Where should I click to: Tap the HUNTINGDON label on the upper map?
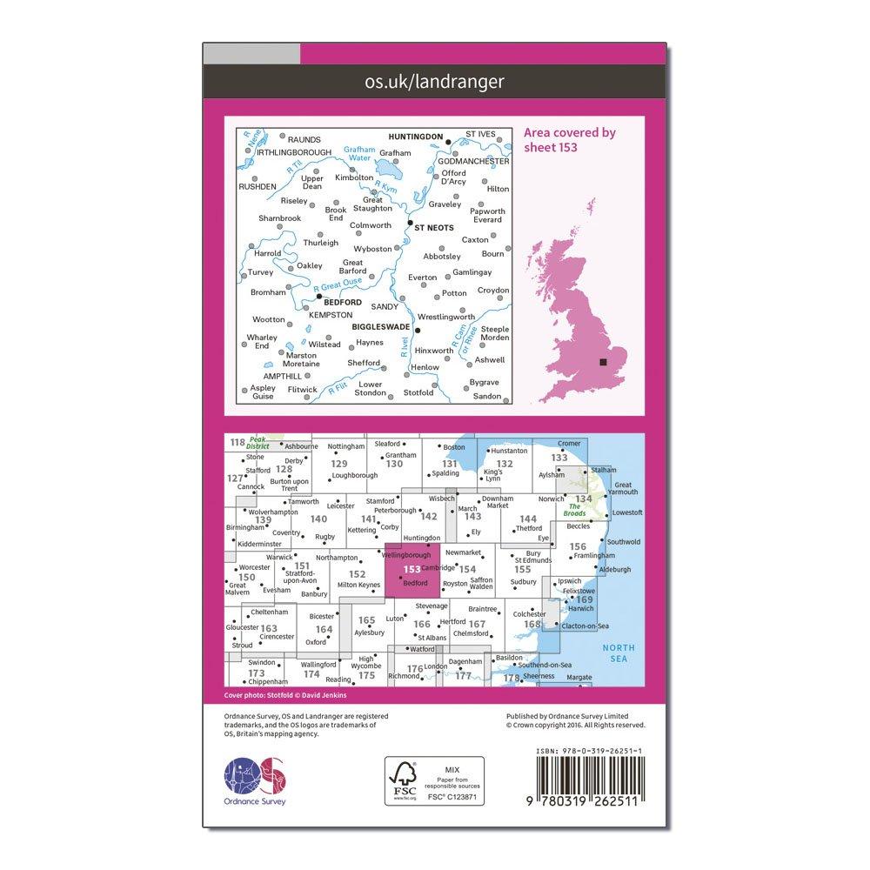click(413, 136)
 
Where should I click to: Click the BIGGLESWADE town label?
click(381, 331)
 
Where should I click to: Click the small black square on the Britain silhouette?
click(603, 364)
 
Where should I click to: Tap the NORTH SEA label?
click(621, 653)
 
